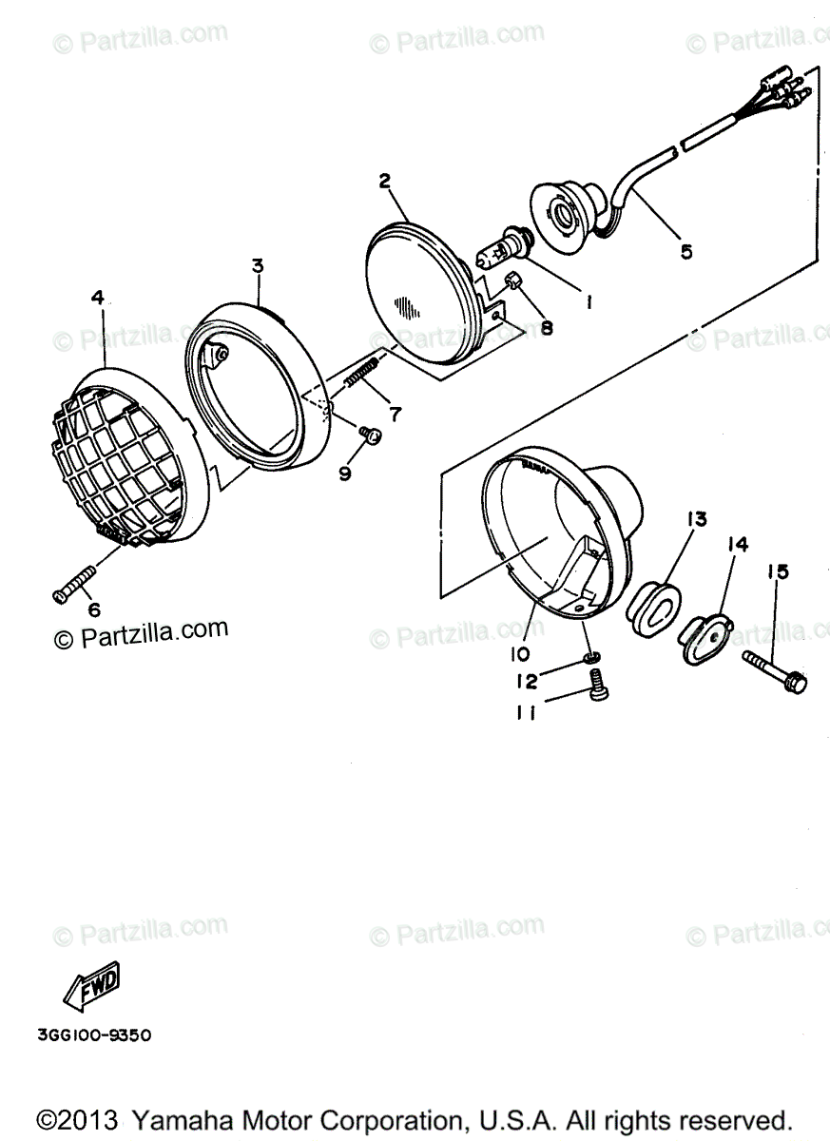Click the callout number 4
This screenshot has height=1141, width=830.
pos(97,298)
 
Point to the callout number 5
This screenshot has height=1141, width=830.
pos(685,252)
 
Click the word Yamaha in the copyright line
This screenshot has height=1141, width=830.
pos(176,1118)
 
